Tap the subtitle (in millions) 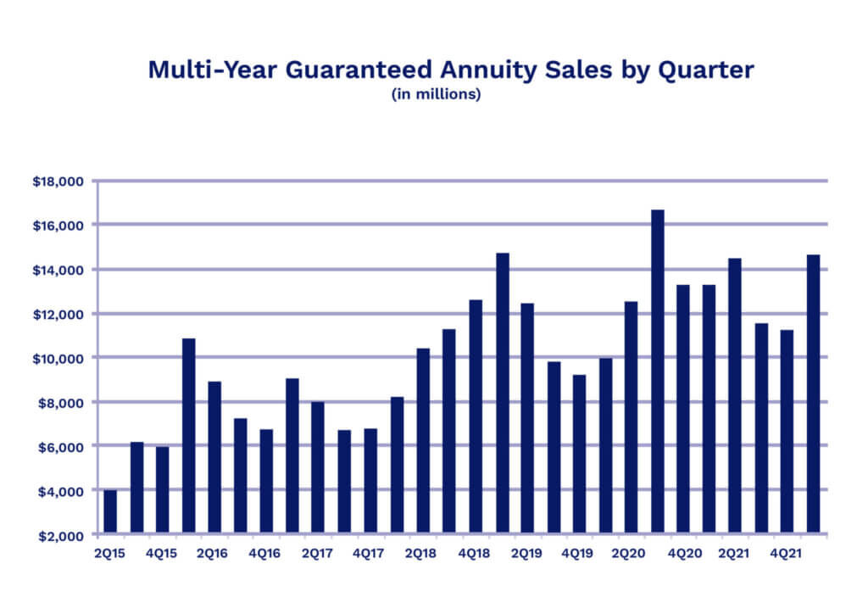coord(436,95)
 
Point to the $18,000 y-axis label coord(57,181)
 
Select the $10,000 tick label coord(57,358)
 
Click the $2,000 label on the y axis coord(59,535)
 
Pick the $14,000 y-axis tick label coord(57,270)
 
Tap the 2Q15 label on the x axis coord(110,553)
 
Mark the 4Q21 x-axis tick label coord(787,553)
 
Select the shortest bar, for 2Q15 coord(110,512)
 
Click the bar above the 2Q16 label coord(214,458)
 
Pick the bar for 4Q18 coord(476,416)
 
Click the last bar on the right coord(813,394)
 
